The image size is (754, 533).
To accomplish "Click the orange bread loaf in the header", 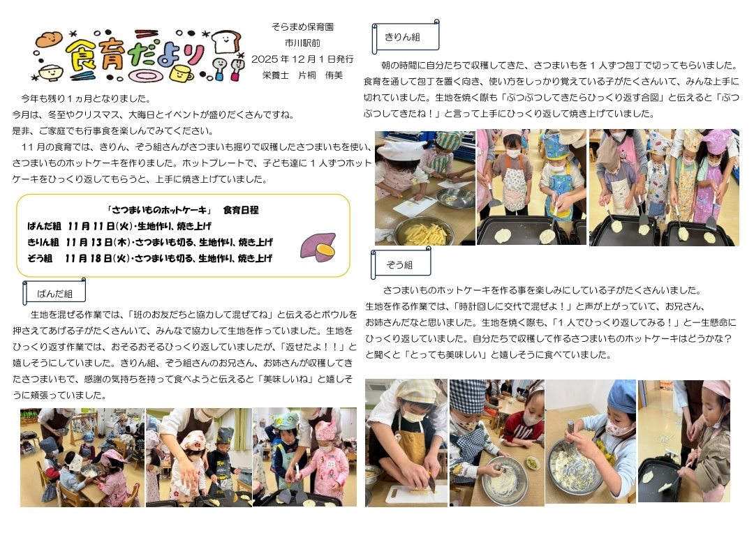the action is coord(49,39).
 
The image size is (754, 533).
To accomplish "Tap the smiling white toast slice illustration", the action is coord(226,41).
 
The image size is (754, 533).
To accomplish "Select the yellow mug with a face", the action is coord(180,74).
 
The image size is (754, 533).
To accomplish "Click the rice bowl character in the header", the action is coord(50,73).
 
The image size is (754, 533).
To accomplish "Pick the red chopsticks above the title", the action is coord(146,34).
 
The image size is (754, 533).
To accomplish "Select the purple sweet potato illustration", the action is coord(318,246).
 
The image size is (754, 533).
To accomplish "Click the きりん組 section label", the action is coord(402,37).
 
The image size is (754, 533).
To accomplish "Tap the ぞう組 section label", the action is coord(399,264).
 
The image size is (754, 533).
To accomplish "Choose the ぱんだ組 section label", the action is coord(55,293).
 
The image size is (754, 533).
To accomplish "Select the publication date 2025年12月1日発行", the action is coord(302,59).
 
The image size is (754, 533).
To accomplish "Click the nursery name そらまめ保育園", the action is coord(302,27).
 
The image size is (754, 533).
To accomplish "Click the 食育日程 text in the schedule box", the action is coord(240,210).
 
